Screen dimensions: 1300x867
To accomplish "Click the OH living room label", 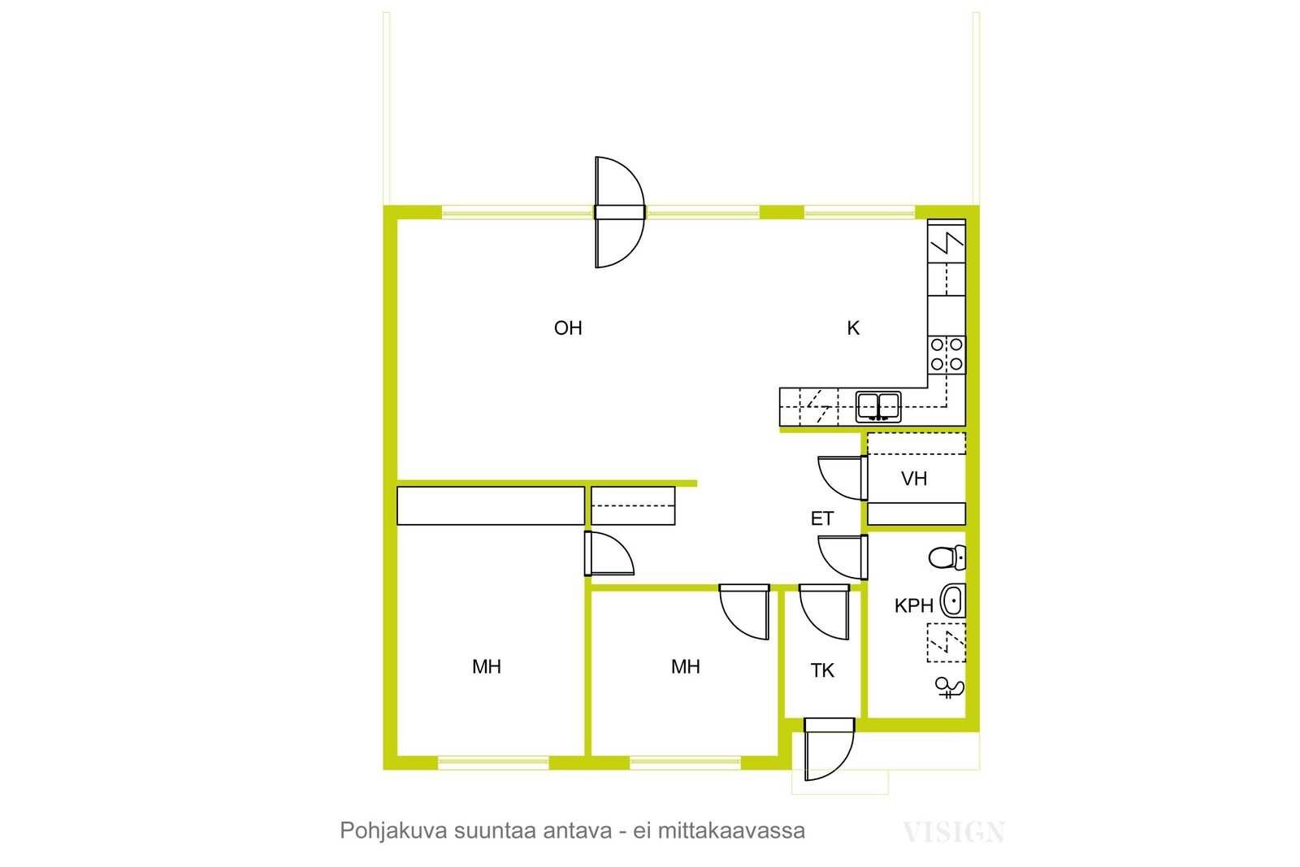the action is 568,328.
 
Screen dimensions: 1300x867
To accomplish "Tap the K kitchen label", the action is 852,328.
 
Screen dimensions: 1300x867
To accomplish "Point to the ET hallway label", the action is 821,518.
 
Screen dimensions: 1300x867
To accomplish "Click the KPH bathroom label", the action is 913,606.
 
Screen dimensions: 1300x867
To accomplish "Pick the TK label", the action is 822,671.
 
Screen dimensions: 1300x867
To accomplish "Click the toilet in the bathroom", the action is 947,557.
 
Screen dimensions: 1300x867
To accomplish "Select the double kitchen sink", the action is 878,407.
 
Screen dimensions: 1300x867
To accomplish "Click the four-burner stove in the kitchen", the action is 947,354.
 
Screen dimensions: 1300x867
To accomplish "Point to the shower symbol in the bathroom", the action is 950,689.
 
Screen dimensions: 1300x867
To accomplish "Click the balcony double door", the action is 620,212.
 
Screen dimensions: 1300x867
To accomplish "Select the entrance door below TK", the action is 830,749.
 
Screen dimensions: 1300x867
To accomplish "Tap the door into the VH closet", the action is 843,478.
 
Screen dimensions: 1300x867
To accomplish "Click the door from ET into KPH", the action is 843,557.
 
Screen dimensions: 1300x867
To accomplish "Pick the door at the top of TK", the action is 824,612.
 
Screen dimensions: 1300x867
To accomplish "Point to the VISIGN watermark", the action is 954,832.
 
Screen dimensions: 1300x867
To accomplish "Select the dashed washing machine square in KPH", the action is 947,643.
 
